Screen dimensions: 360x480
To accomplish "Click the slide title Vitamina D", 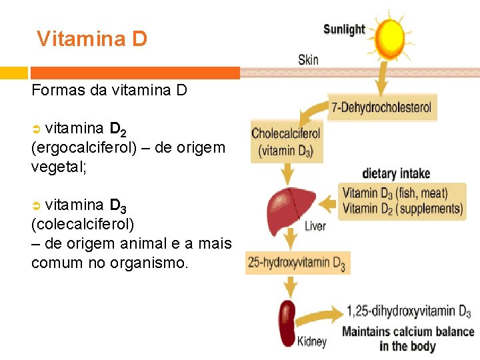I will coord(92,39).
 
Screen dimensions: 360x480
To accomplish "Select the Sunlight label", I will coord(344,29).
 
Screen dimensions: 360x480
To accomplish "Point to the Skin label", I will coord(308,60).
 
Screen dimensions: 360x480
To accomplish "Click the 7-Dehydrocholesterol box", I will coord(382,107).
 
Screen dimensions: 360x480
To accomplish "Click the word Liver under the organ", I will coord(315,227).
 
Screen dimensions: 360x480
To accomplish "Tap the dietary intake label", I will coord(396,173).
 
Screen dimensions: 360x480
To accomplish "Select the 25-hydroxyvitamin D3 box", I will coord(297,263).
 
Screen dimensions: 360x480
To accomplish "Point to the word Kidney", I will coord(312,342).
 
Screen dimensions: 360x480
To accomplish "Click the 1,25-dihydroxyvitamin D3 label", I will coord(408,311).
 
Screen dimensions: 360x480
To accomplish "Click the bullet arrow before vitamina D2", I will coord(37,128).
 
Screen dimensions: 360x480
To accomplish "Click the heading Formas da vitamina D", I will coord(109,90).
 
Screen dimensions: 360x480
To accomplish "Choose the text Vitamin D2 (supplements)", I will coord(402,209).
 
